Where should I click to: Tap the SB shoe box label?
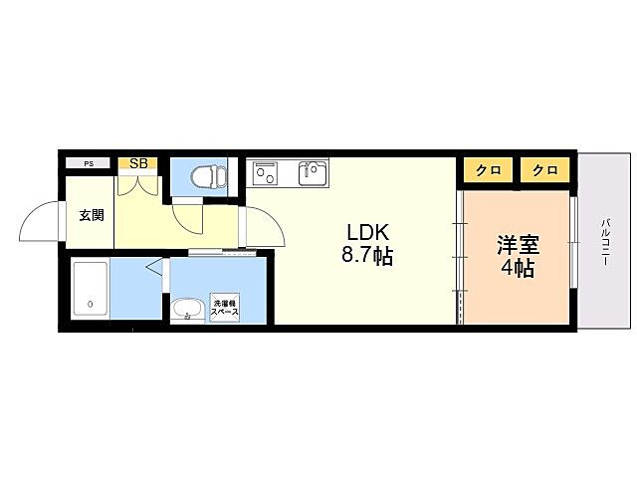(137, 163)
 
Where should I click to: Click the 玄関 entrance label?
(92, 215)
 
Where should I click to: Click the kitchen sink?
(313, 174)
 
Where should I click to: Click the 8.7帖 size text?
(366, 256)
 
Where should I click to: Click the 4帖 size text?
(518, 269)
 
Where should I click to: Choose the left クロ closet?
(487, 170)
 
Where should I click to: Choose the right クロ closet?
(544, 170)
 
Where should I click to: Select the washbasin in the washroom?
(185, 310)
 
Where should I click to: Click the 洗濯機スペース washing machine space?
(224, 308)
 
